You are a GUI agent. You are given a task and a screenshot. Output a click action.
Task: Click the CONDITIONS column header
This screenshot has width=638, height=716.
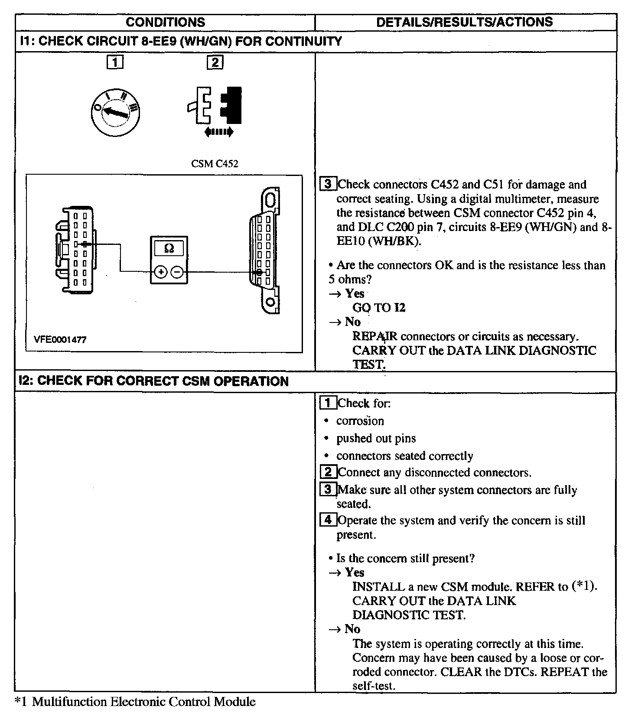(165, 22)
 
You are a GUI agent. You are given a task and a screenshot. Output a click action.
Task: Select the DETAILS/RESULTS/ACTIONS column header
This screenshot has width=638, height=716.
(464, 22)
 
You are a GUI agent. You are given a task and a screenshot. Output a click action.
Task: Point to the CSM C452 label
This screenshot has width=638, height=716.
(215, 164)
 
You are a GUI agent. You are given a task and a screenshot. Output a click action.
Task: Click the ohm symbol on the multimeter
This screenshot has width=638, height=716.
(169, 248)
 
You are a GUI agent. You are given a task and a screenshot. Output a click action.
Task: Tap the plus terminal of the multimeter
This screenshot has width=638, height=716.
(161, 272)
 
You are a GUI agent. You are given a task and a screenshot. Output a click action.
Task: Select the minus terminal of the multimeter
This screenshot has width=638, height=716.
(177, 272)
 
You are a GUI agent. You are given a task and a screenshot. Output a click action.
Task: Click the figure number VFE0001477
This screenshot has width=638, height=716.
(60, 340)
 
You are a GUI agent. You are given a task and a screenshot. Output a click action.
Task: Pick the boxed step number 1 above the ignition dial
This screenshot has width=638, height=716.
(115, 63)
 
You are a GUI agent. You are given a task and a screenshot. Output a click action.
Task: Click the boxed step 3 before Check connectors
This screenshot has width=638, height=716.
(328, 184)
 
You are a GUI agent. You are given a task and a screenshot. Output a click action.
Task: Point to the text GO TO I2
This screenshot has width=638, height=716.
(379, 308)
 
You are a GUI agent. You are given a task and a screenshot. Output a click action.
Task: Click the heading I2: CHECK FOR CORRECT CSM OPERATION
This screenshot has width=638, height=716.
(154, 381)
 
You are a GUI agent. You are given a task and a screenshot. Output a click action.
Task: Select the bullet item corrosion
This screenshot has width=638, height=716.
(360, 421)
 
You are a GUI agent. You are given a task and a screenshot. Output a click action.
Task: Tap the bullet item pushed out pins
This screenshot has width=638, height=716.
(376, 439)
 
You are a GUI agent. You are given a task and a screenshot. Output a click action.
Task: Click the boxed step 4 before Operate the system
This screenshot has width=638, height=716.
(328, 520)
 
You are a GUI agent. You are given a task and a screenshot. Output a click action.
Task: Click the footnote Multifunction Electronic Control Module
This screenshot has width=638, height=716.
(143, 701)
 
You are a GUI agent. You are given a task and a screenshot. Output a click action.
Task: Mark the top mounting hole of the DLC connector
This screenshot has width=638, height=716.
(270, 200)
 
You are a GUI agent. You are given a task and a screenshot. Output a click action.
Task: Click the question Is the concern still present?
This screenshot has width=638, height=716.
(405, 558)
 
